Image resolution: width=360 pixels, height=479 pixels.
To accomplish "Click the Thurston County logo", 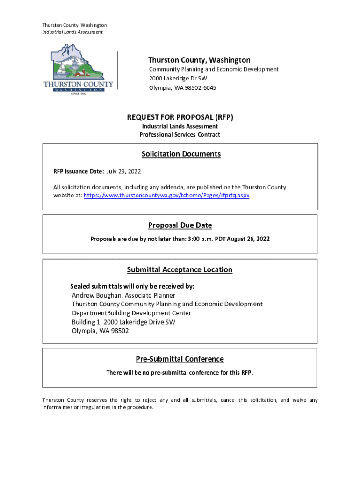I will pyautogui.click(x=78, y=69).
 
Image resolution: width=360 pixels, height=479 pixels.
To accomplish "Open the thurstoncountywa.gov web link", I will pyautogui.click(x=166, y=196).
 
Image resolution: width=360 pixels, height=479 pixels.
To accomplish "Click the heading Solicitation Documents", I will pyautogui.click(x=181, y=154).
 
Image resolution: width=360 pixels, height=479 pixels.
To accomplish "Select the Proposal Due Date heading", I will pyautogui.click(x=180, y=225).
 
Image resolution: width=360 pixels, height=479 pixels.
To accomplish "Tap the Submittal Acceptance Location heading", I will pyautogui.click(x=180, y=269).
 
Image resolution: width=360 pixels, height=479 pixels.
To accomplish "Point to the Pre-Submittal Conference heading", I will pyautogui.click(x=180, y=359).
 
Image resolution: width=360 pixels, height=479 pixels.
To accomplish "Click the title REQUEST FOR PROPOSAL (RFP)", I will pyautogui.click(x=180, y=116).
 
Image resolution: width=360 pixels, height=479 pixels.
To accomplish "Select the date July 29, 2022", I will pyautogui.click(x=123, y=171).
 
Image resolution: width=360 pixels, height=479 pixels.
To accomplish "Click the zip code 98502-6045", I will pyautogui.click(x=195, y=87).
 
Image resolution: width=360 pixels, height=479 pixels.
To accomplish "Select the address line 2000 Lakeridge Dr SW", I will pyautogui.click(x=178, y=78).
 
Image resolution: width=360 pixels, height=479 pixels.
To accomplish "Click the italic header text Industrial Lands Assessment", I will pyautogui.click(x=72, y=32).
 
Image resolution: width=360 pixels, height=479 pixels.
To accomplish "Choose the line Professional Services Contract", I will pyautogui.click(x=180, y=135).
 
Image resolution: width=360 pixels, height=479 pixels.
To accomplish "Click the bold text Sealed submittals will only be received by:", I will pyautogui.click(x=132, y=286).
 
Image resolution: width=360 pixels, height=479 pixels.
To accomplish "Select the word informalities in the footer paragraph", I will pyautogui.click(x=59, y=407).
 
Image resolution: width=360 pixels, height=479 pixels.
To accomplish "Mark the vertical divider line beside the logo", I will pyautogui.click(x=118, y=70).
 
